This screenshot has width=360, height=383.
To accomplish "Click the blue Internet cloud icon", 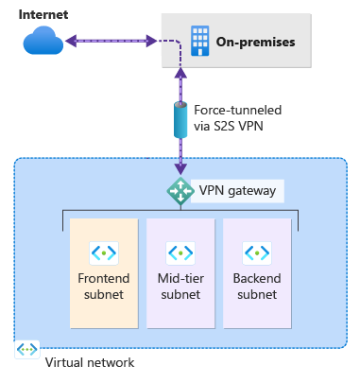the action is point(43,41).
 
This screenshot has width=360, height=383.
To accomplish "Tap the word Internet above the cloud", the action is point(43,14).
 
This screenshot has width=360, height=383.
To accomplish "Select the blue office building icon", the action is point(199,41).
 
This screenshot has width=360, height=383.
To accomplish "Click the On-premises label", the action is point(255,42).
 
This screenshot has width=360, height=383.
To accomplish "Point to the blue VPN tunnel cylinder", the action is point(180,120).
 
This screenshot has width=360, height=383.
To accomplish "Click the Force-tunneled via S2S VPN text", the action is point(237,118).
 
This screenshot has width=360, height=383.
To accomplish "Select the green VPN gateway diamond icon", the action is point(180,191).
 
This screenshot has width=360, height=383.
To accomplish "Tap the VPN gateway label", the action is point(237,191).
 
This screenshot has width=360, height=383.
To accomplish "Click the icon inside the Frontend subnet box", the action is point(104,252).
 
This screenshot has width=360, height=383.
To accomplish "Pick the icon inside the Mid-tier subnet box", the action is point(180,252).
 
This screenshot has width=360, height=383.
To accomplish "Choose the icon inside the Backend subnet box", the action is point(257,252).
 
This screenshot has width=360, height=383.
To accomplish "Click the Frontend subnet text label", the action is point(104,287).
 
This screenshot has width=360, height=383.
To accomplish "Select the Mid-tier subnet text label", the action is point(180,287).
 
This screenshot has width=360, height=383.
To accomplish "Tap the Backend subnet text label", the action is point(257,287).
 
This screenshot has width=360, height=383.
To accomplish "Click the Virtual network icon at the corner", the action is point(27,349).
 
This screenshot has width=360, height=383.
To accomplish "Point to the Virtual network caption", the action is point(90,362).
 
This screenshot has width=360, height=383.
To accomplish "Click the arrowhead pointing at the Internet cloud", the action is point(71,41).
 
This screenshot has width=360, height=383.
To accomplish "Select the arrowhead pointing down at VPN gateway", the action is point(180,169).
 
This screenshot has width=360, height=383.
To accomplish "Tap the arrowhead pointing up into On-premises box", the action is point(180,73).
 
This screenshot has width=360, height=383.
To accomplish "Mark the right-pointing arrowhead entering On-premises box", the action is point(151,41).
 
